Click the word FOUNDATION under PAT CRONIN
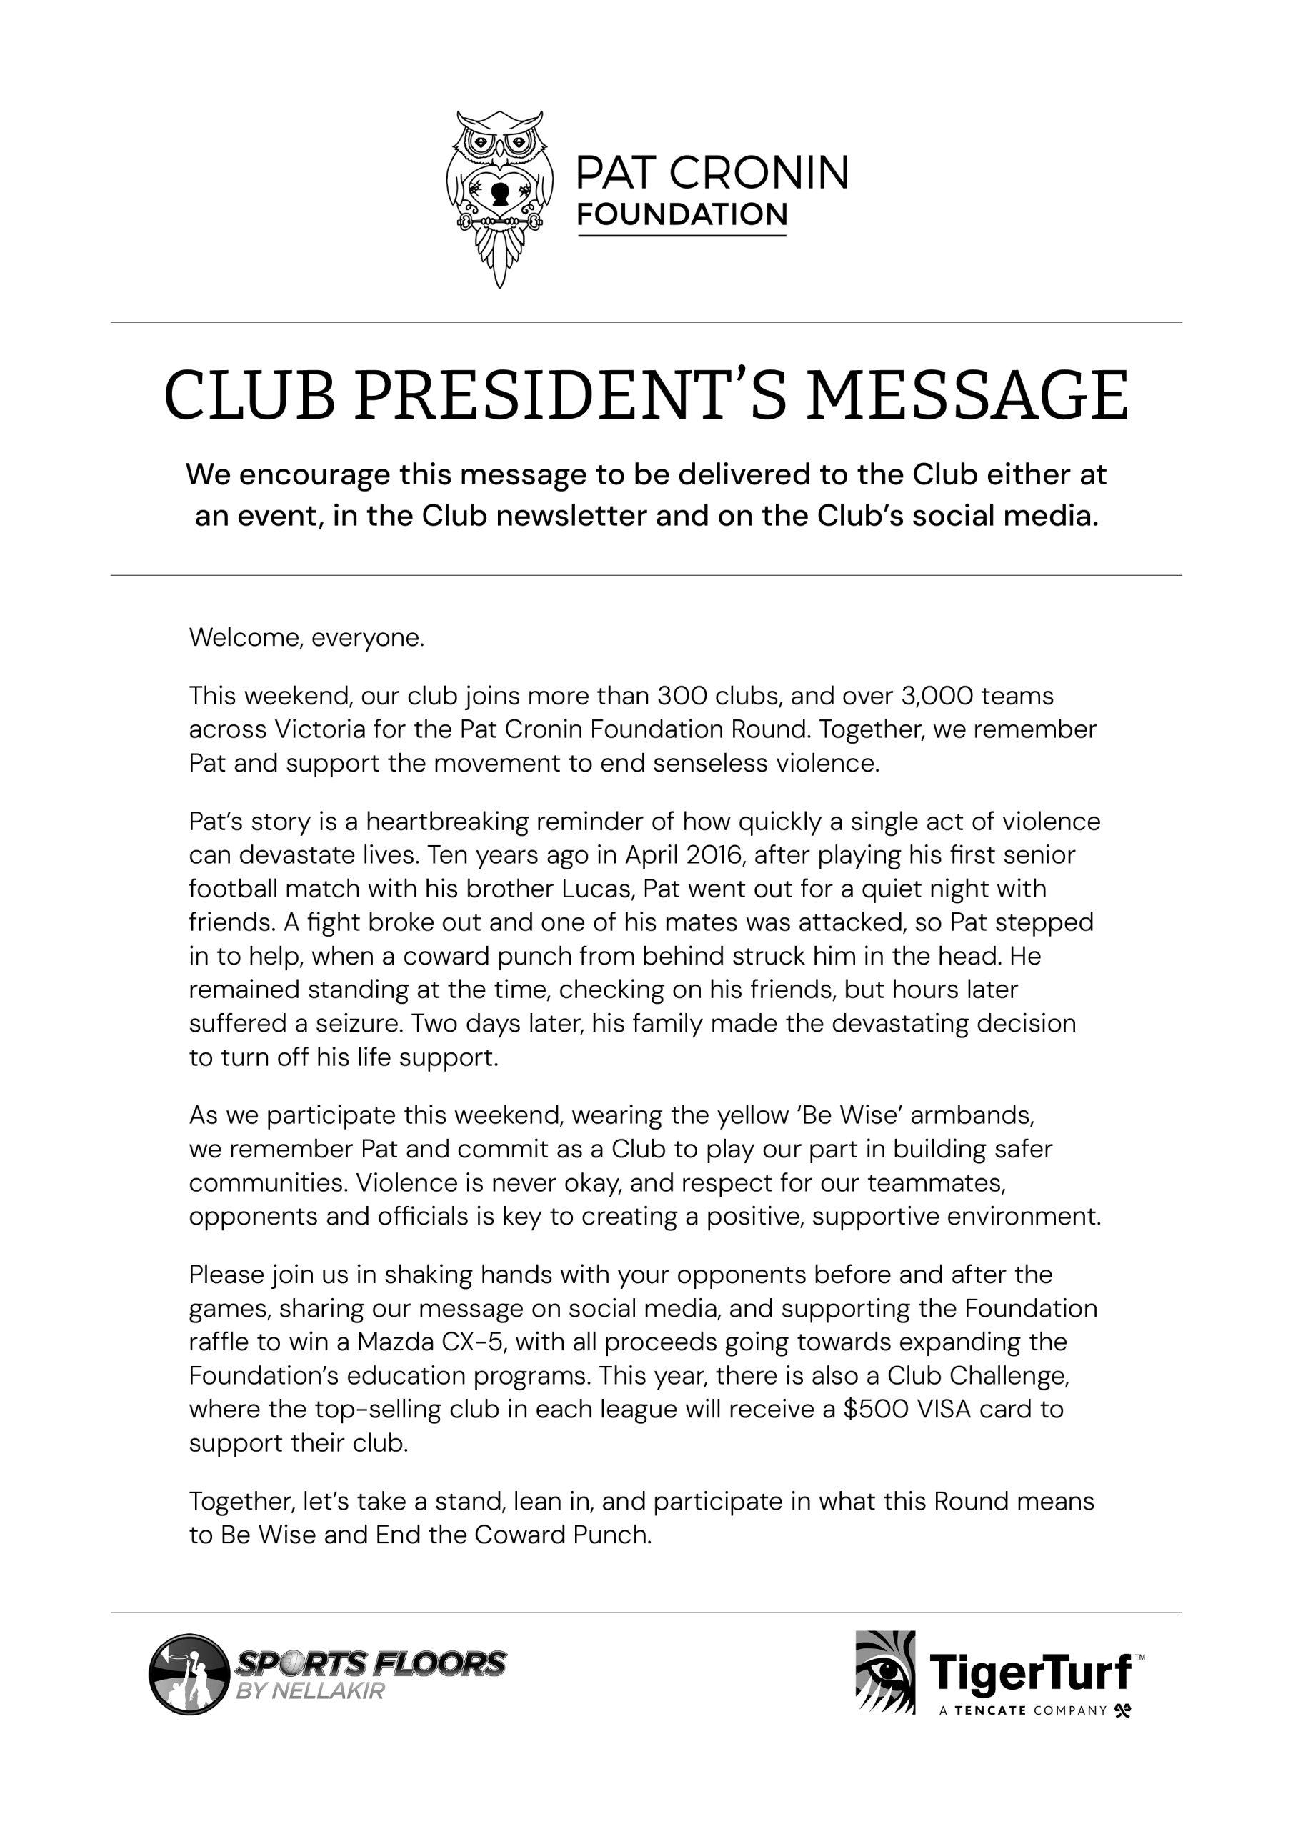[682, 214]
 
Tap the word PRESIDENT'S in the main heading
[572, 395]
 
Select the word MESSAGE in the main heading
[967, 395]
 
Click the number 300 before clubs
[682, 695]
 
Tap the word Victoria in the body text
[344, 729]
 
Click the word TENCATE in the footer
[989, 1710]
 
